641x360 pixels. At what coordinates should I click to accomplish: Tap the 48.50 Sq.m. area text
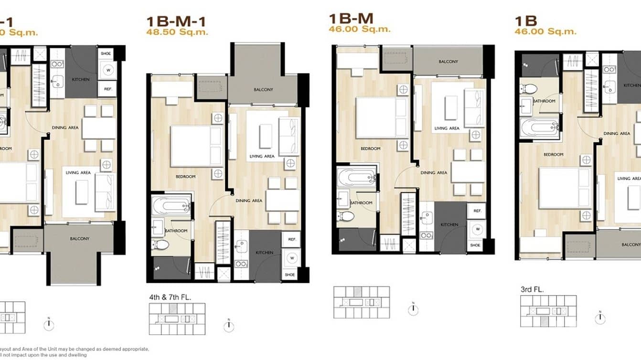click(x=177, y=32)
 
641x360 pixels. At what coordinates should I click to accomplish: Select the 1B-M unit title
click(x=351, y=19)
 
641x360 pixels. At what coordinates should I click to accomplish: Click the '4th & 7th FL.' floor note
click(x=170, y=297)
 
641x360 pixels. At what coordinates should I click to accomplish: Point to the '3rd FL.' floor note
click(x=532, y=289)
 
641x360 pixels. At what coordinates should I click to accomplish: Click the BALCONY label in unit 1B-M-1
click(x=264, y=90)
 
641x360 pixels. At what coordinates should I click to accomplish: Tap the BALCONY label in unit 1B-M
click(x=448, y=62)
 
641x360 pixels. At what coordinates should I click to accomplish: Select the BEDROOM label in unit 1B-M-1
click(x=186, y=177)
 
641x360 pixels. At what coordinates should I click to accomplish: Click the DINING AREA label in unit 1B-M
click(x=434, y=172)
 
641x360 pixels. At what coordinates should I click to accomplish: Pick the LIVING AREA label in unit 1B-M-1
click(x=262, y=156)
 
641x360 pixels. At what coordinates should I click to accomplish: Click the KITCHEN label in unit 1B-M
click(x=449, y=224)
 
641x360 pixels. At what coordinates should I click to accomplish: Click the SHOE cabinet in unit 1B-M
click(x=475, y=245)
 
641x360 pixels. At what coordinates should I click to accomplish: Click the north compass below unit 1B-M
click(x=413, y=309)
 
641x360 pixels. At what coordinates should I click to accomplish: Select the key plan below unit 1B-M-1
click(x=177, y=318)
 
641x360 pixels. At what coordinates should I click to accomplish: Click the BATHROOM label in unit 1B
click(x=544, y=101)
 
